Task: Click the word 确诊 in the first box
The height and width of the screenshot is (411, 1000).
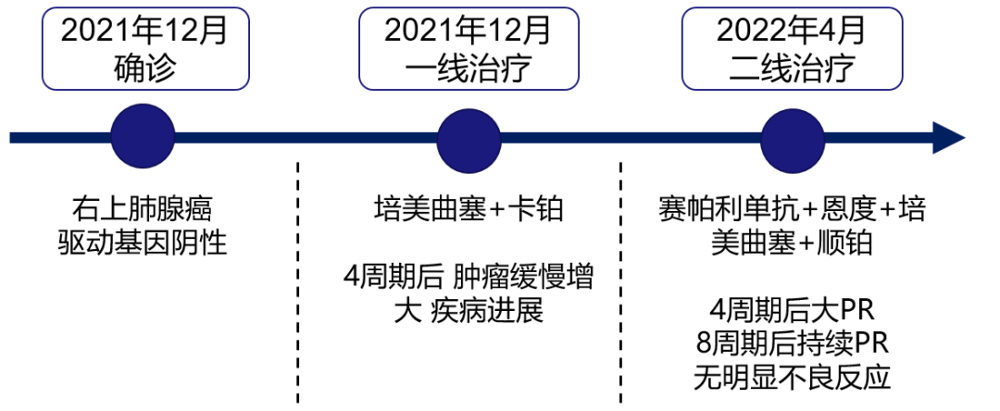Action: tap(144, 69)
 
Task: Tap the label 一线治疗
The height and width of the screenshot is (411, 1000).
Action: tap(469, 69)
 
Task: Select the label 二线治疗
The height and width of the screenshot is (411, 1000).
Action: tap(792, 69)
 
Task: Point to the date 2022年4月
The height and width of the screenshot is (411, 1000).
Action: tap(792, 31)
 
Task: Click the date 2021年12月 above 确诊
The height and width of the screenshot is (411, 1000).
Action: tap(144, 31)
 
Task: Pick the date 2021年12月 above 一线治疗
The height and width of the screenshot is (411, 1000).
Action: tap(469, 31)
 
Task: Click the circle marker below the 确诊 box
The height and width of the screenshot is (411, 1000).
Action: tap(143, 137)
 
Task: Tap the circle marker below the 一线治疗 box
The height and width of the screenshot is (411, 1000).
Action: tap(469, 140)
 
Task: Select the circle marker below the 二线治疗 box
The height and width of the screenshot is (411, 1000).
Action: tap(792, 140)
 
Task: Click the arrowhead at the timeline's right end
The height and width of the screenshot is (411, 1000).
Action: tap(949, 138)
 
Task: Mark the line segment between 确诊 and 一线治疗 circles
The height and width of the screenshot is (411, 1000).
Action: tap(306, 138)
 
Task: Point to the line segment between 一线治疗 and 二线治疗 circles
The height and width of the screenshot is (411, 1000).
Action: tap(630, 138)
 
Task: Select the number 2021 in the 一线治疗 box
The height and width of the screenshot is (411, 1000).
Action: tap(416, 31)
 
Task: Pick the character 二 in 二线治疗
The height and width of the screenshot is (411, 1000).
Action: tap(744, 69)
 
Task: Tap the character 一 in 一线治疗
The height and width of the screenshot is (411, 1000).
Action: tap(421, 69)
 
